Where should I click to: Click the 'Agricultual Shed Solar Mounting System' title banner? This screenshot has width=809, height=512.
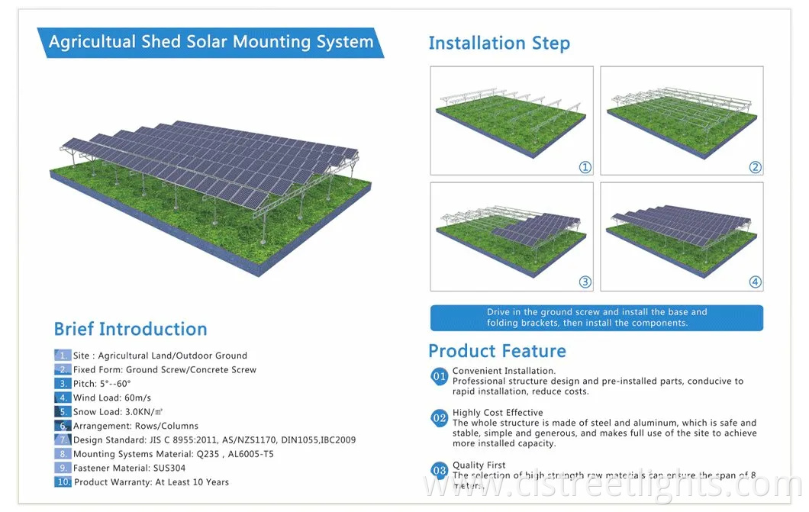point(211,41)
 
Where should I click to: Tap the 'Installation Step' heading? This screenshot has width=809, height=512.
point(499,43)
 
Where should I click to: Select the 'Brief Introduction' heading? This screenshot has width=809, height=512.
point(131,329)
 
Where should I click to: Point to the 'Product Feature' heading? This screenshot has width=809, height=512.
point(497,351)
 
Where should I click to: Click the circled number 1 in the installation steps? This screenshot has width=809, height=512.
point(585,167)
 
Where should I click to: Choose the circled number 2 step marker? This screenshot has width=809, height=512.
point(755,167)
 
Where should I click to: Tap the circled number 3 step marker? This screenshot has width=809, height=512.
point(585,282)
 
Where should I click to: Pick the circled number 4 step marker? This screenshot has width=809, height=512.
point(755,282)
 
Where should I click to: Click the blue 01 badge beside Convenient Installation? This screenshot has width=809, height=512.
point(440,375)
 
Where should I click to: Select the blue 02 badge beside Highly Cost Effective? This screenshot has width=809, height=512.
point(440,417)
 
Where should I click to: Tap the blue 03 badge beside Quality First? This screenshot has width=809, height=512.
point(440,470)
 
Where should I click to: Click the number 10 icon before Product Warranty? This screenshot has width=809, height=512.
point(63,481)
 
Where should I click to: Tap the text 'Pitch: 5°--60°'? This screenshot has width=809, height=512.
point(102,384)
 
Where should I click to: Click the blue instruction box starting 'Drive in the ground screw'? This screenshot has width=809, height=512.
point(597,317)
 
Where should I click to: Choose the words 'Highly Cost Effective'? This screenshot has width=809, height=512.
point(498,413)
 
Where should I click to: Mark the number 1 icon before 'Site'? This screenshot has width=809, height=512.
point(63,356)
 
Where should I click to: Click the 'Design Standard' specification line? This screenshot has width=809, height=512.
point(214,440)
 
